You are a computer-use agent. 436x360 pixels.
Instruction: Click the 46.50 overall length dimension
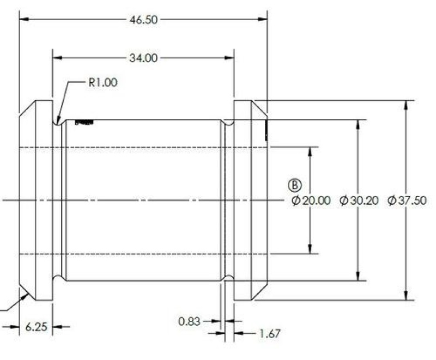(143, 20)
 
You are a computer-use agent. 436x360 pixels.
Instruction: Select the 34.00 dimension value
(143, 58)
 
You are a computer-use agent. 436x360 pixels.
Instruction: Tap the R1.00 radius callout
(102, 83)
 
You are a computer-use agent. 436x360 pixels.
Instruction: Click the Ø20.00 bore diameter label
(311, 201)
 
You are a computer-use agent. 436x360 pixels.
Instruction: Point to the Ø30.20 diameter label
(359, 201)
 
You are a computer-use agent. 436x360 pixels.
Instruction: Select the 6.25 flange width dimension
(35, 327)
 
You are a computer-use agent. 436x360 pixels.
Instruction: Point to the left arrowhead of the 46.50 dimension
(23, 20)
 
